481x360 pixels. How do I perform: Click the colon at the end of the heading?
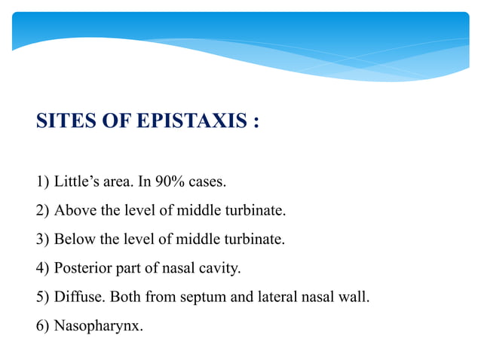(x=256, y=121)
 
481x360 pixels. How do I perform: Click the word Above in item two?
(x=74, y=211)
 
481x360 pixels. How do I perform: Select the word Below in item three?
(x=74, y=239)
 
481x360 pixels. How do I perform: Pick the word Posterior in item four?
(x=82, y=268)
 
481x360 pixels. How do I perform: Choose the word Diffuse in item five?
(x=79, y=297)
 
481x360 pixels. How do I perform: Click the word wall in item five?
(x=355, y=297)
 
